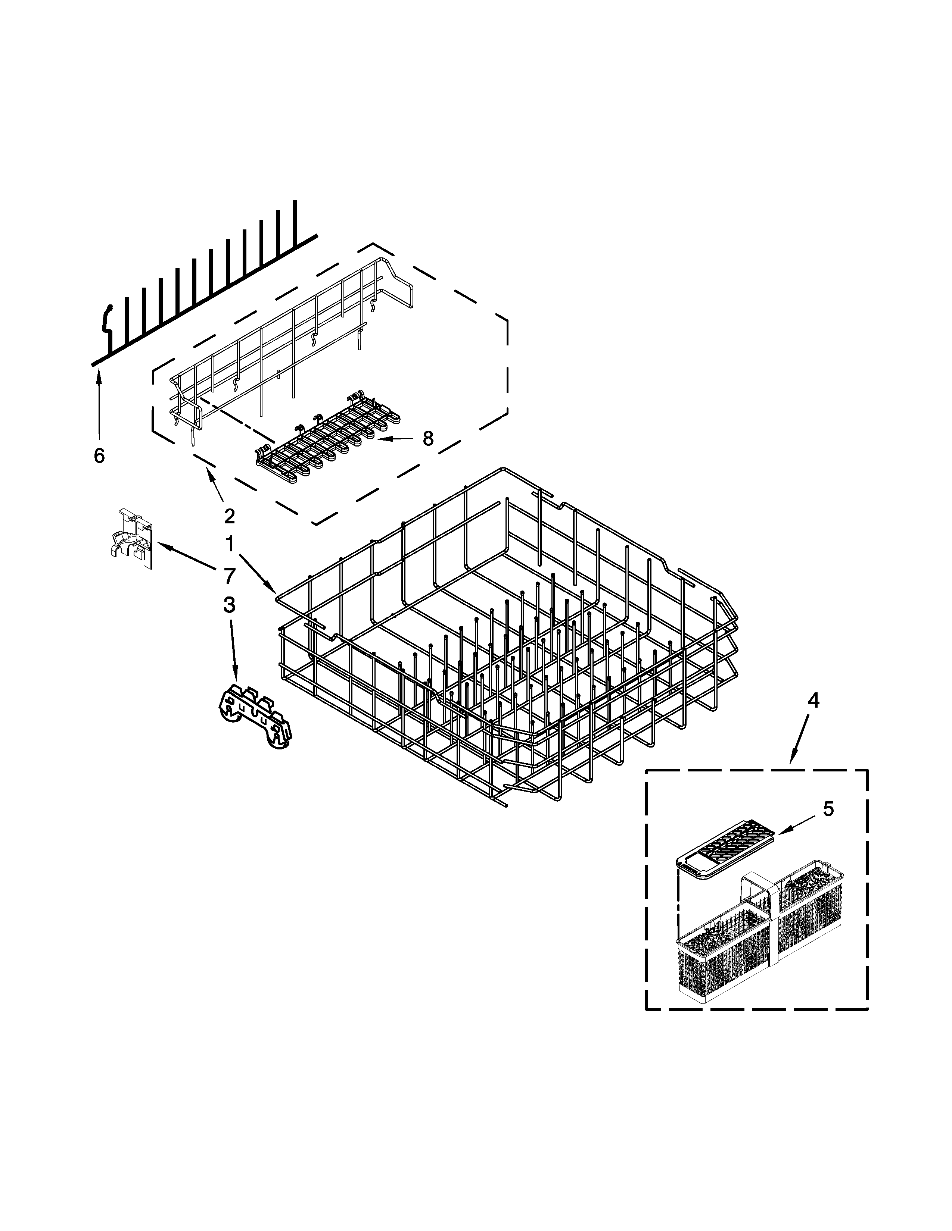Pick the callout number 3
tap(229, 605)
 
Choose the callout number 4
tap(813, 701)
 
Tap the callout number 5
tap(827, 809)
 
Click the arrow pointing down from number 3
tap(233, 648)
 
